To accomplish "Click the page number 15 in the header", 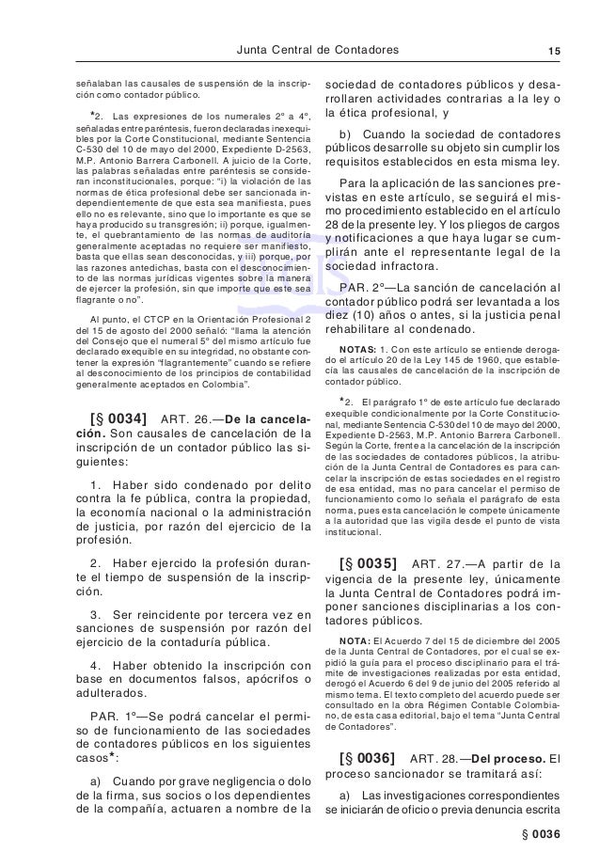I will pos(553,50).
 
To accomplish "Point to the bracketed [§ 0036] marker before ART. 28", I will pos(367,757).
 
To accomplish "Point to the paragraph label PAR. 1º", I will pos(112,715).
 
